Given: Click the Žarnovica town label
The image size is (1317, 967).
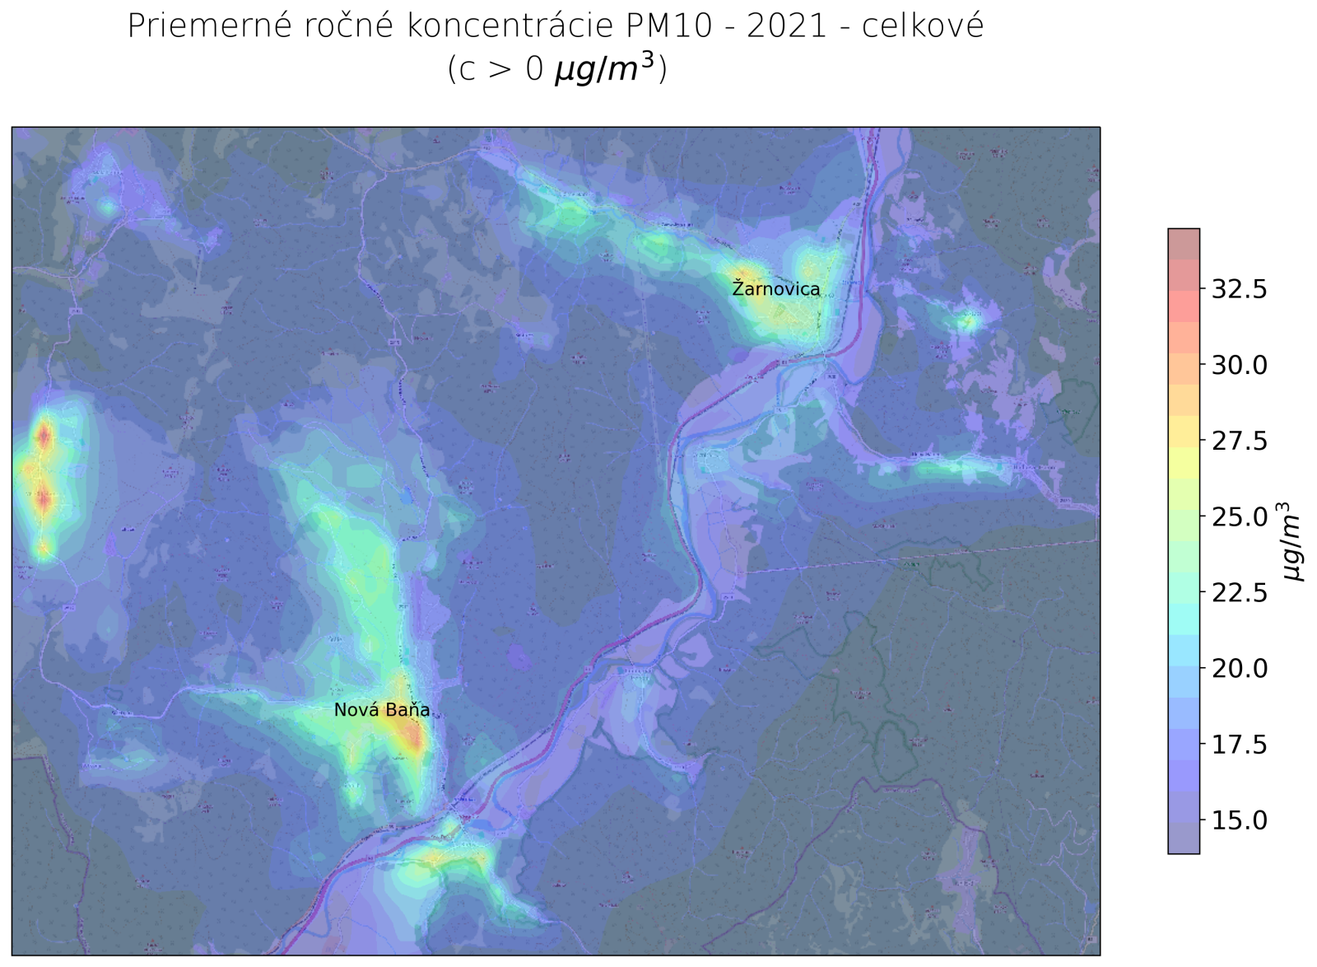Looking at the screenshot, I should pyautogui.click(x=775, y=289).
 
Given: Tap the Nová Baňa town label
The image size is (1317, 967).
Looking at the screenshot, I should pyautogui.click(x=381, y=710).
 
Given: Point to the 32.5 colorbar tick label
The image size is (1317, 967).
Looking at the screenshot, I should pyautogui.click(x=1239, y=289).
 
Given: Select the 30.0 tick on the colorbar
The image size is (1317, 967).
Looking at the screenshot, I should pyautogui.click(x=1239, y=365).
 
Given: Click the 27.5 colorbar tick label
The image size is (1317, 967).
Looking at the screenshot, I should pyautogui.click(x=1239, y=441).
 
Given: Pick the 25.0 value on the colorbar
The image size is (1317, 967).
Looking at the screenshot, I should pyautogui.click(x=1239, y=517).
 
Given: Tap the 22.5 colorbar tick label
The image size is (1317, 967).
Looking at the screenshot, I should pyautogui.click(x=1239, y=593).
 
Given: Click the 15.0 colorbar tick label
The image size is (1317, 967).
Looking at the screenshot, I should pyautogui.click(x=1239, y=820).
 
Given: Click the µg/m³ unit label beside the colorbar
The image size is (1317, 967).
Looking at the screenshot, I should pyautogui.click(x=1292, y=541).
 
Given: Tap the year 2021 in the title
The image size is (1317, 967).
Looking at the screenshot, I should pyautogui.click(x=787, y=26).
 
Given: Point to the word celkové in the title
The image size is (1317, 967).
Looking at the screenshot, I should pyautogui.click(x=923, y=26).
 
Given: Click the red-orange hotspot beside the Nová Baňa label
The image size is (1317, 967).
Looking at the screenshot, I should pyautogui.click(x=414, y=734).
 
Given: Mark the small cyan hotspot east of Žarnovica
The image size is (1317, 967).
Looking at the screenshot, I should pyautogui.click(x=970, y=321).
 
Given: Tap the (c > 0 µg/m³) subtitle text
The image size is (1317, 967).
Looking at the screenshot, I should pyautogui.click(x=557, y=69).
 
